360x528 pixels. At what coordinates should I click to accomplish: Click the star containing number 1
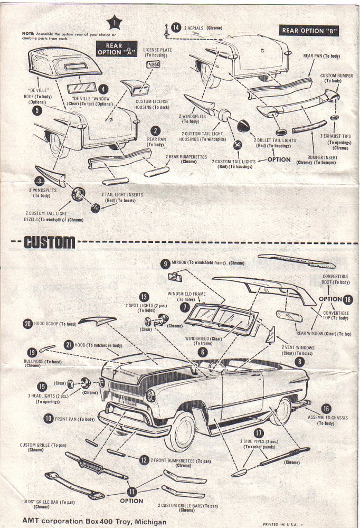point(114,22)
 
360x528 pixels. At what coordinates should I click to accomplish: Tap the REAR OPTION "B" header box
point(309,31)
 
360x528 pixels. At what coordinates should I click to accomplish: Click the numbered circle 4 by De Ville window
point(103,89)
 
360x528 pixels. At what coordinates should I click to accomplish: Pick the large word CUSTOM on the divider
point(50,242)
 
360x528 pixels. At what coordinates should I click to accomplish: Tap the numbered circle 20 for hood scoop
point(27,324)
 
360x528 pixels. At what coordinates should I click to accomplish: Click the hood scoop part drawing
point(97,320)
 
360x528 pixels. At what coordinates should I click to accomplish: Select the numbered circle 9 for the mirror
point(166,263)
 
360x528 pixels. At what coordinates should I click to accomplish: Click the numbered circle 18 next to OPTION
point(347,299)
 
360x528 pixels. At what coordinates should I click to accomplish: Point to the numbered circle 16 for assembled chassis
point(326,408)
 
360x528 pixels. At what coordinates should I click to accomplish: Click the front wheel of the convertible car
point(181,430)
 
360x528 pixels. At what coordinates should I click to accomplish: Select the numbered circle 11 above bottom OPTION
point(131,491)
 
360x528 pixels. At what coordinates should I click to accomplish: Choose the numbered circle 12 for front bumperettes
point(144,460)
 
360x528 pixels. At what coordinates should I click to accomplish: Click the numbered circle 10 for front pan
point(48,419)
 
